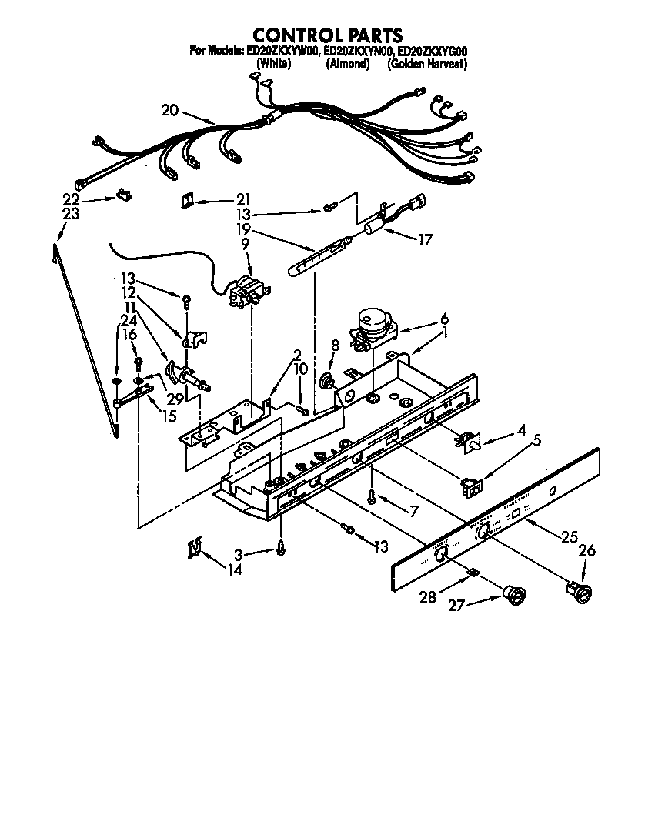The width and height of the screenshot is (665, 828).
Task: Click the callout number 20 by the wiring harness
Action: pos(170,111)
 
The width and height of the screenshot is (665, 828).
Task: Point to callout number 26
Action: pos(586,550)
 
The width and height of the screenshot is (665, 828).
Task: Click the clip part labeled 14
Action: pos(194,549)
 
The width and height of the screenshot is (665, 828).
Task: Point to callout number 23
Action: pos(71,215)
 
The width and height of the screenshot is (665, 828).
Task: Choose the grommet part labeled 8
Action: pos(326,380)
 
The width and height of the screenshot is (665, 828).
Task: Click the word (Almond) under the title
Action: pos(348,65)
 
